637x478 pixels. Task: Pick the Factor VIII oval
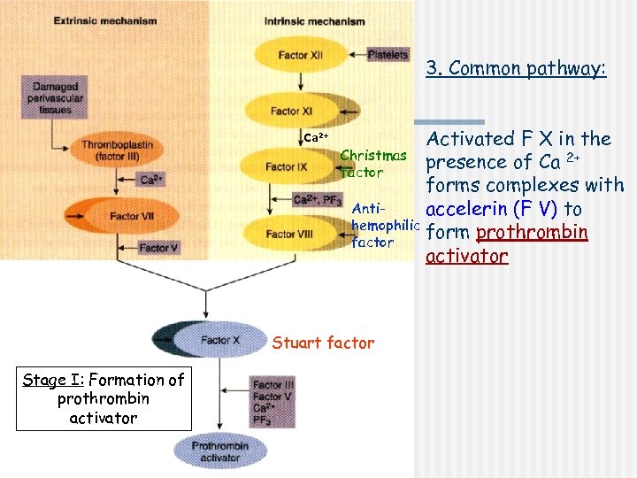281,235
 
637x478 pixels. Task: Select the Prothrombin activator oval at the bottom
220,451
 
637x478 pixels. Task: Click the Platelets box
387,54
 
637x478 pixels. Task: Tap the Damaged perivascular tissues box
56,96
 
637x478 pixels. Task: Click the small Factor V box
159,248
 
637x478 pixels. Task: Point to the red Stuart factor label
323,343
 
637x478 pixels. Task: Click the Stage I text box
104,398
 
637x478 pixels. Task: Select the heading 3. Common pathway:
516,68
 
